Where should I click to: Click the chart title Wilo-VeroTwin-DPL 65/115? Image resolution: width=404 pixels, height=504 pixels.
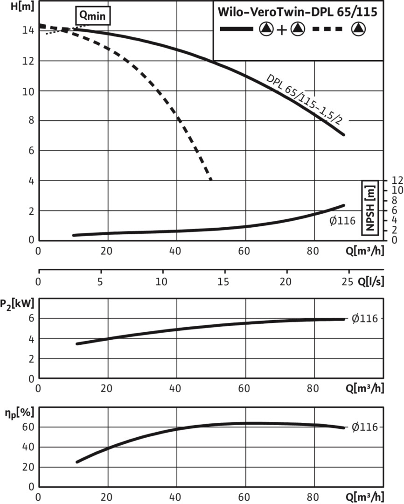(x=298, y=12)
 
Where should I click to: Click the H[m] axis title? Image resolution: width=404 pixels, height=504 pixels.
(x=12, y=8)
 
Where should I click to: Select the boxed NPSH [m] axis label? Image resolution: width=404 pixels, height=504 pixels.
(x=370, y=209)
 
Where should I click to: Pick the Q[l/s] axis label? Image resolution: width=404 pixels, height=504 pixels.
(x=370, y=282)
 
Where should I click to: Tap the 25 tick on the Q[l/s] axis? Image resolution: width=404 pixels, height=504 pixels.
(x=346, y=282)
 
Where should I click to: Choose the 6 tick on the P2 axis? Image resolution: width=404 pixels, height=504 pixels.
(x=31, y=318)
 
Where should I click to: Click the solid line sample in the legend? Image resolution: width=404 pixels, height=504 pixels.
(x=237, y=29)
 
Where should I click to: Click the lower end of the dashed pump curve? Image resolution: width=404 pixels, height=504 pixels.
(x=211, y=179)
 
